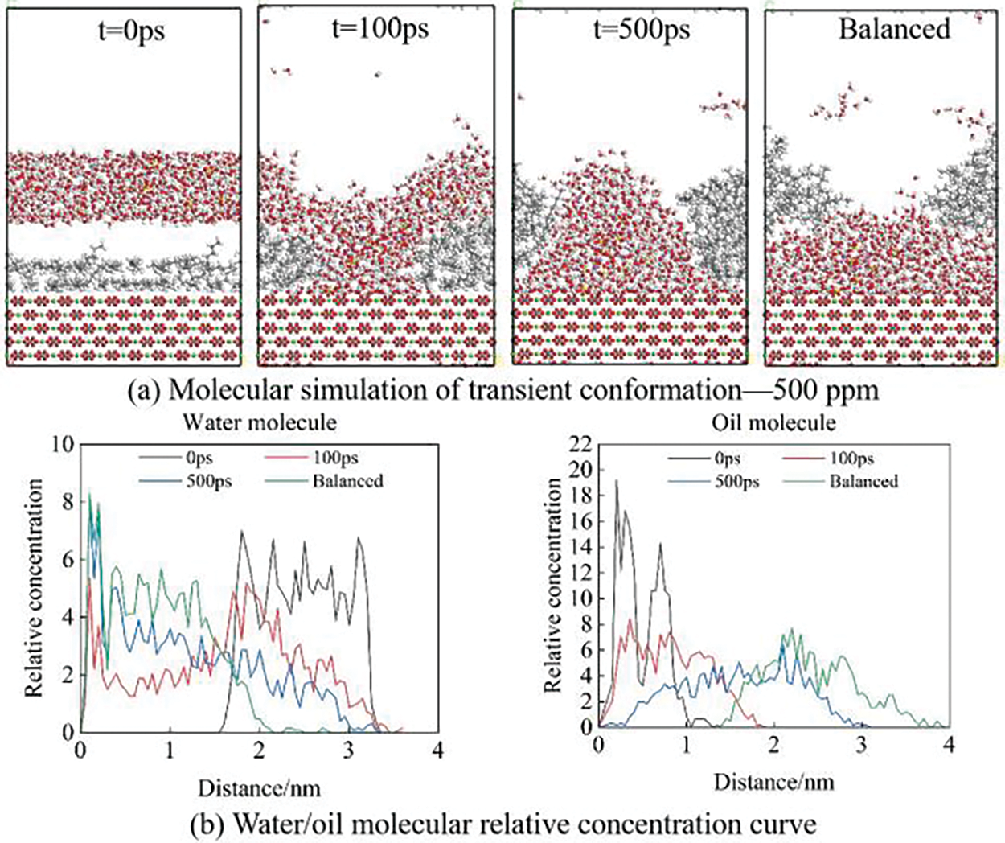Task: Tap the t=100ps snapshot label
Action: coord(379,29)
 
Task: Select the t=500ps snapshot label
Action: coord(641,30)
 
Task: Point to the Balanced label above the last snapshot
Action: coord(894,29)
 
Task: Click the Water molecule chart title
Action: coord(259,421)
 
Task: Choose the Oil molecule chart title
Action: coord(773,421)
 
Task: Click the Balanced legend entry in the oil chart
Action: coord(863,481)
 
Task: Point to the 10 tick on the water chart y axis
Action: coord(62,444)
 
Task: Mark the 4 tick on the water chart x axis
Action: coord(437,750)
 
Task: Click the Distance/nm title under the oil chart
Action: coord(773,781)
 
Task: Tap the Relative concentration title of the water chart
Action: coord(34,587)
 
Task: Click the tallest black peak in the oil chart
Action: coord(617,481)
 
